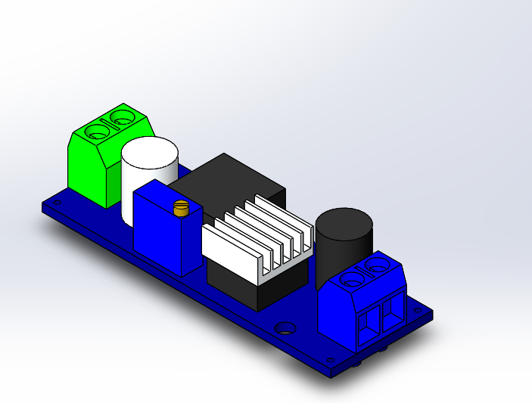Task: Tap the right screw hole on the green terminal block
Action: click(x=122, y=117)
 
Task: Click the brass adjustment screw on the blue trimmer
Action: click(x=180, y=209)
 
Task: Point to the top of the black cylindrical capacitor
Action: click(x=344, y=222)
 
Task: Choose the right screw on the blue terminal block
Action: click(x=377, y=265)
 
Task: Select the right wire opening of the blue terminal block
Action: click(x=391, y=310)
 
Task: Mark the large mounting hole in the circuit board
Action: click(x=285, y=329)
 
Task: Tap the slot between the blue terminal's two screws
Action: click(x=365, y=272)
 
